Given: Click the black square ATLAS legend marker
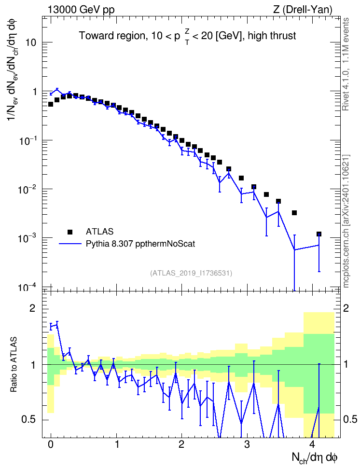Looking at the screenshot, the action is pyautogui.click(x=70, y=232).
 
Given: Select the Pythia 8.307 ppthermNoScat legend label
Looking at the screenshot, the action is pyautogui.click(x=140, y=244).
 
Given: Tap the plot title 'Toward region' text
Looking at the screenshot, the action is pyautogui.click(x=112, y=36).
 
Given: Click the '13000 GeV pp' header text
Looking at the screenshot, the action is pyautogui.click(x=81, y=10).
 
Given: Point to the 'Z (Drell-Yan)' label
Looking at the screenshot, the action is pyautogui.click(x=303, y=10).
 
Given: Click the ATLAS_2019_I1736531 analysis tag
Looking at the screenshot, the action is pyautogui.click(x=191, y=273).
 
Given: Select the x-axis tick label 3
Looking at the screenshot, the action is pyautogui.click(x=247, y=444).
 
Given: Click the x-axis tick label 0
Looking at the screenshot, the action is pyautogui.click(x=51, y=444).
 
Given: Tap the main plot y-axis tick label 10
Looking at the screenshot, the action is pyautogui.click(x=30, y=42).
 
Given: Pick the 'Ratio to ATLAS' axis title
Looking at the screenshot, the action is pyautogui.click(x=14, y=364).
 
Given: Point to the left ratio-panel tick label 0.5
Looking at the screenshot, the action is pyautogui.click(x=28, y=419).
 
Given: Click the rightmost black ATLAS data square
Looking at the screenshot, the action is pyautogui.click(x=318, y=234).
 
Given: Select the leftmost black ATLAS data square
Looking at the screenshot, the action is pyautogui.click(x=51, y=104).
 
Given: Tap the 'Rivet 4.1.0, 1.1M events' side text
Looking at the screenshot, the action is pyautogui.click(x=346, y=64).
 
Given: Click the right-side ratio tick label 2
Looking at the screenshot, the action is pyautogui.click(x=346, y=308).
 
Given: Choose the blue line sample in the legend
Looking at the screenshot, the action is pyautogui.click(x=70, y=244).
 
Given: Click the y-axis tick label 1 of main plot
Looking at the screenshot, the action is pyautogui.click(x=34, y=92).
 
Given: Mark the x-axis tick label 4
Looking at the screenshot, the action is pyautogui.click(x=312, y=444).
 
